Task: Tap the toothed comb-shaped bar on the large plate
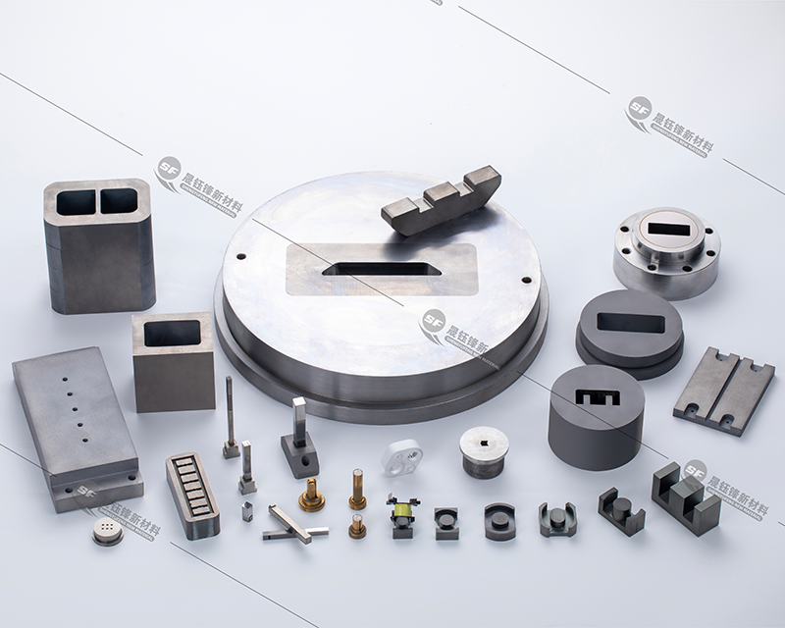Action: pyautogui.click(x=442, y=200)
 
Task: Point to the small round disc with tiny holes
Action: pyautogui.click(x=107, y=531)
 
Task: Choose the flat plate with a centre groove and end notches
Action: pyautogui.click(x=723, y=391)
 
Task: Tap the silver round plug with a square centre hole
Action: pyautogui.click(x=484, y=451)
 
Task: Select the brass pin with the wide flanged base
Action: pyautogui.click(x=311, y=495)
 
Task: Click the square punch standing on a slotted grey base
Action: pyautogui.click(x=299, y=442)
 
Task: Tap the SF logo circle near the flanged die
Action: pyautogui.click(x=639, y=109)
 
